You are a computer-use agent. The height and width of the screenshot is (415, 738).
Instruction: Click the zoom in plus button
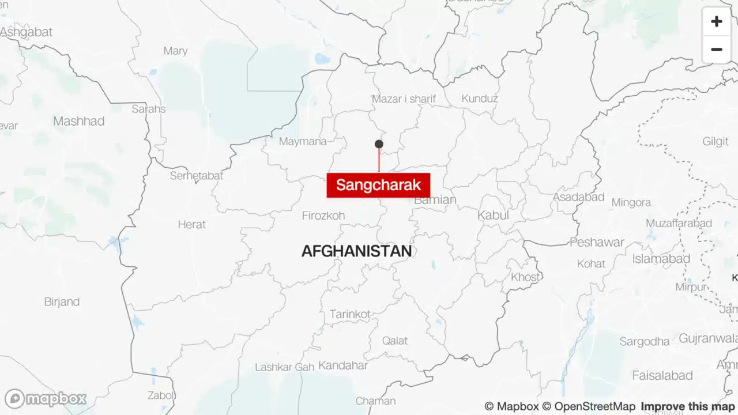[x=716, y=22]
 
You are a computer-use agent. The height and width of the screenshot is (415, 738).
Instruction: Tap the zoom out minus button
[x=716, y=50]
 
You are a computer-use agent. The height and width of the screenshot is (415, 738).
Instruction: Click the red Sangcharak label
[x=378, y=185]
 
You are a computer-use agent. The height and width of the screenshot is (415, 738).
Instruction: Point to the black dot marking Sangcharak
[x=379, y=144]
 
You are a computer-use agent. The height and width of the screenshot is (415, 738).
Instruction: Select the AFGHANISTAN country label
[x=356, y=251]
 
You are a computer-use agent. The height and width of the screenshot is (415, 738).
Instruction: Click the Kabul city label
[x=493, y=215]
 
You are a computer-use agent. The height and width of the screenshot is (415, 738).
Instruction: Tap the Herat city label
[x=191, y=225]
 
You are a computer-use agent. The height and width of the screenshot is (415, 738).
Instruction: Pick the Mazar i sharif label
[x=404, y=99]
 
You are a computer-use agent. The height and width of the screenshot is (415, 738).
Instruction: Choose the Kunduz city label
[x=479, y=99]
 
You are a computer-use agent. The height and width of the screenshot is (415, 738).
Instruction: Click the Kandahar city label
[x=342, y=365]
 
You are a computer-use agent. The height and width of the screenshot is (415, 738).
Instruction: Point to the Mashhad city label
[x=78, y=121]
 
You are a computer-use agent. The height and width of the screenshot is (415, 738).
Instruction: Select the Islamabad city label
[x=661, y=259]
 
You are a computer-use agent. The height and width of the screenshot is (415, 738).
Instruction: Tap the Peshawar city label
[x=597, y=242]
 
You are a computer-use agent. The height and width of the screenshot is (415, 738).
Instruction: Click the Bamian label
[x=435, y=201]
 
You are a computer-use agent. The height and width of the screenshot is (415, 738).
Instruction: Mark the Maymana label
[x=303, y=141]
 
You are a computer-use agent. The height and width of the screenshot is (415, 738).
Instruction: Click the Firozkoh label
[x=323, y=216]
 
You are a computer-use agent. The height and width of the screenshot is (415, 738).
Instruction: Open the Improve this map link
[x=687, y=406]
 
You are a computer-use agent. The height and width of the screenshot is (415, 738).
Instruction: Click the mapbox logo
[x=46, y=398]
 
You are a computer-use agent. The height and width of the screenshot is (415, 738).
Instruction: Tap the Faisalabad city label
[x=662, y=376]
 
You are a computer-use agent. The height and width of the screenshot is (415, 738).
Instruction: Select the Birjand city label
[x=62, y=302]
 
